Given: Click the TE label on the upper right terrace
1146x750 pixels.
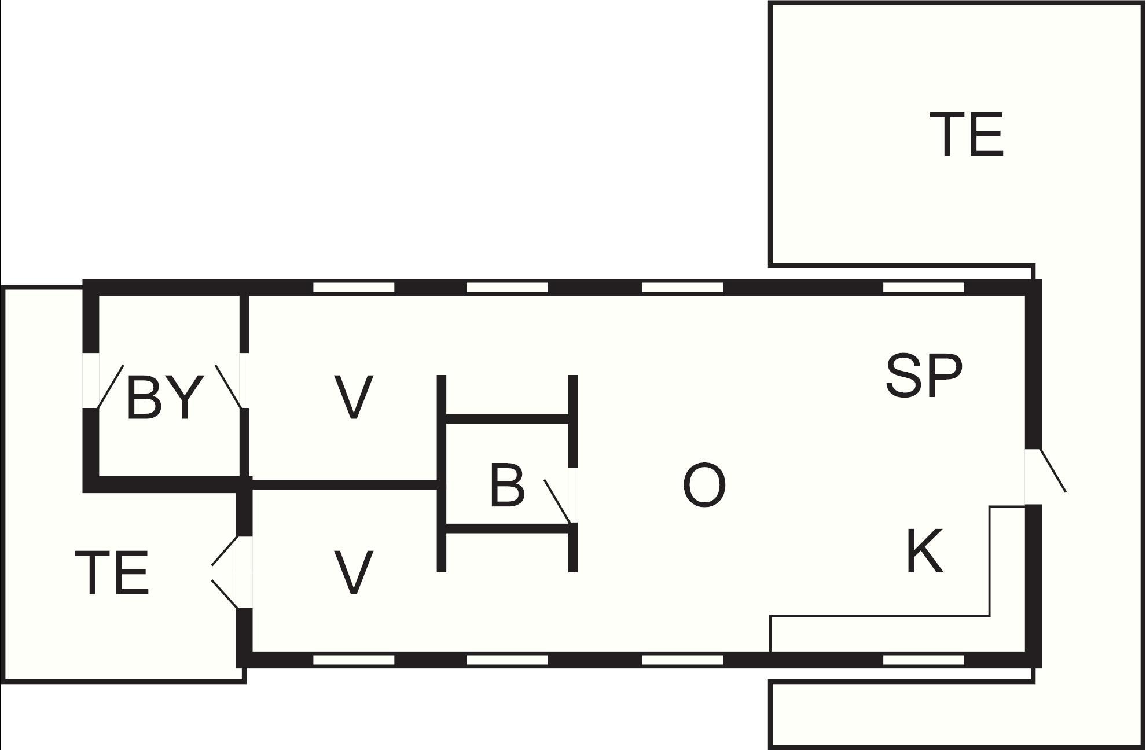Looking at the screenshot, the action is click(966, 134).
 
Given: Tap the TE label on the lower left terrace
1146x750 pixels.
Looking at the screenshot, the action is click(112, 572).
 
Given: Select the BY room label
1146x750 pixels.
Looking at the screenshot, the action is click(165, 397).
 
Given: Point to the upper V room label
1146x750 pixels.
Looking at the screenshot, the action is click(353, 397).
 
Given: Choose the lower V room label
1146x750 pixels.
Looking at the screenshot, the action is click(353, 572).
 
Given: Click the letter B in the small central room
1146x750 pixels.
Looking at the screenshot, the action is click(507, 485).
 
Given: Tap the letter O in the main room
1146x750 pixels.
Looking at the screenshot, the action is click(704, 485).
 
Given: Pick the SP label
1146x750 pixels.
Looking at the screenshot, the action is click(924, 376).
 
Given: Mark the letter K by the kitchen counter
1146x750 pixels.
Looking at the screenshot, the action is click(924, 550).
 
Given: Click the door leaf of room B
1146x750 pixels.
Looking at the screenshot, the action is click(558, 501).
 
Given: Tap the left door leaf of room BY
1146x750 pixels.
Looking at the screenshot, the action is click(111, 387).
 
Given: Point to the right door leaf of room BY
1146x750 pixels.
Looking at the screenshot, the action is click(228, 387).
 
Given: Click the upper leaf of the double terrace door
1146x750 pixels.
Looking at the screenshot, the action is click(225, 551).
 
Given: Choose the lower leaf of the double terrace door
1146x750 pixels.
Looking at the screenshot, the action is click(225, 594).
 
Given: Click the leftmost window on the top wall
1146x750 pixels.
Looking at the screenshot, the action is click(353, 288).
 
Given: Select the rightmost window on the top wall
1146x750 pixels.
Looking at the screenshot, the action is click(924, 288).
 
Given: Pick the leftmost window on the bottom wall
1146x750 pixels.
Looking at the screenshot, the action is click(353, 660).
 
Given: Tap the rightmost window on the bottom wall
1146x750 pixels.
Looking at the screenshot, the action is click(924, 660).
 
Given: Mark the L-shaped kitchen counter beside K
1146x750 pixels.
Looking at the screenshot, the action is click(990, 616).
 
